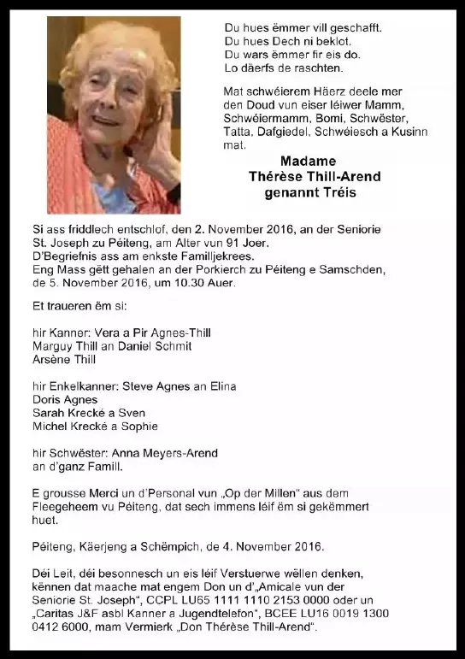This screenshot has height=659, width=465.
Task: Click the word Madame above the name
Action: (308, 162)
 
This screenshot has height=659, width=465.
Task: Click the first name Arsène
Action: (53, 360)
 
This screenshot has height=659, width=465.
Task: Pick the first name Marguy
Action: (54, 346)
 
